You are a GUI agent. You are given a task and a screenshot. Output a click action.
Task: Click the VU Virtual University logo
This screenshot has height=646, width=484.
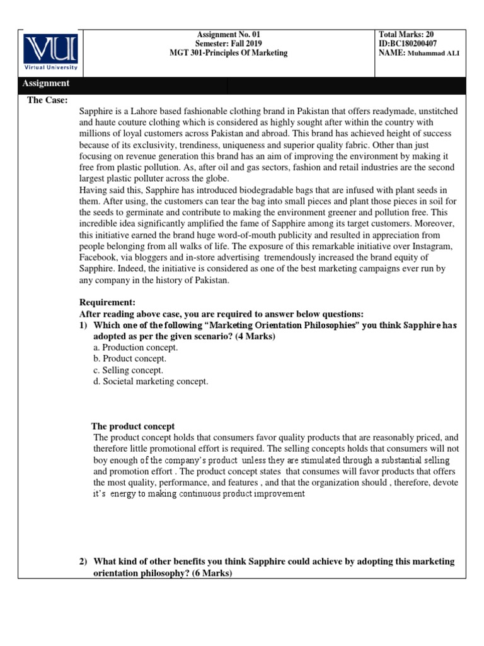(51, 53)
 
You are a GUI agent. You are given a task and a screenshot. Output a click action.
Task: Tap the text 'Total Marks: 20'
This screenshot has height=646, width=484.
(407, 35)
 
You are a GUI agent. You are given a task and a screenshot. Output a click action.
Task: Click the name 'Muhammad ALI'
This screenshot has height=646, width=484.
(433, 54)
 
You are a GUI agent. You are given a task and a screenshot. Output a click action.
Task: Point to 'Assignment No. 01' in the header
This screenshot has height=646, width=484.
(228, 35)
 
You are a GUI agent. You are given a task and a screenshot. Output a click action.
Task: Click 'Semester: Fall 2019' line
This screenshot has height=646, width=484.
(228, 44)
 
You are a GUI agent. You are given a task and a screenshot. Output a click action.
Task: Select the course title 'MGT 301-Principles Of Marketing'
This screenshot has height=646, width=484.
(228, 54)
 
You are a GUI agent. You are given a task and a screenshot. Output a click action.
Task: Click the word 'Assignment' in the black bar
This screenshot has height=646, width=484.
(46, 83)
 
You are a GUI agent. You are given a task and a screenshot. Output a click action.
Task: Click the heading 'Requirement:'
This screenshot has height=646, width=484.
(108, 303)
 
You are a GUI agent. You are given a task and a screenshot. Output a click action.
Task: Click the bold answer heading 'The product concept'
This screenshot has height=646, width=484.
(133, 426)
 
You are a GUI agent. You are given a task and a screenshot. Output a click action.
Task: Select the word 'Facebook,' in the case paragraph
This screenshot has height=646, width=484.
(100, 257)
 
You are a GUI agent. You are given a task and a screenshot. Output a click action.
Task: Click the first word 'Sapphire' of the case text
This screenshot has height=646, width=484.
(97, 111)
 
